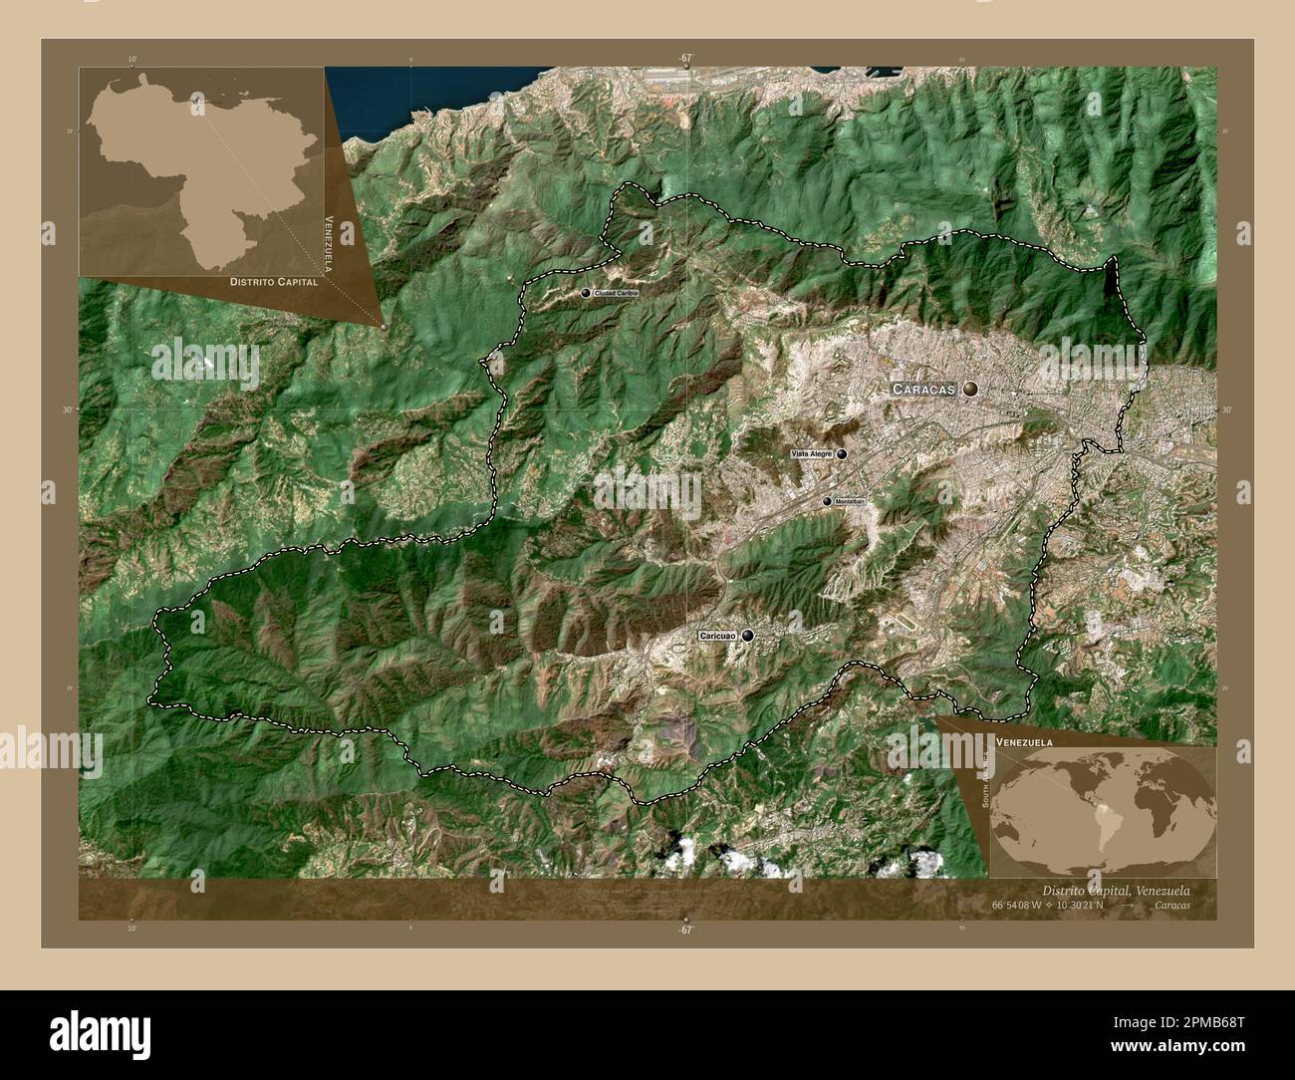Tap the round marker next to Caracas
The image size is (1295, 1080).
coord(970,390)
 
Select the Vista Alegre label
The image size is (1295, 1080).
coord(811,454)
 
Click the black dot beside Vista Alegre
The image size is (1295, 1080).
coord(842,454)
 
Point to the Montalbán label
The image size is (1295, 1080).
coord(850,501)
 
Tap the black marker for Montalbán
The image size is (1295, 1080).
coord(827,501)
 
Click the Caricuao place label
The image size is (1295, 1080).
coord(717,635)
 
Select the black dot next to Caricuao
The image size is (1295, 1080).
coord(747,635)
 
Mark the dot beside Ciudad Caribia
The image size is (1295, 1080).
coord(586,293)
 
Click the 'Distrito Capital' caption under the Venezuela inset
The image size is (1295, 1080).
coord(274,283)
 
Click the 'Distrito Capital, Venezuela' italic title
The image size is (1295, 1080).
coord(1115,890)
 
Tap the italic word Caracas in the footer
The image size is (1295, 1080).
coord(1172,906)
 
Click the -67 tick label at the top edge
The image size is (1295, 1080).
coord(684,59)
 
